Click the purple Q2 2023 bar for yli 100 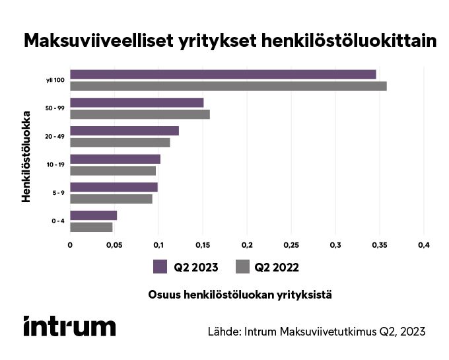(223, 75)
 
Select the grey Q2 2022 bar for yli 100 (228, 86)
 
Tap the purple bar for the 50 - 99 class (137, 102)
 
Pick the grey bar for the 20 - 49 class (120, 142)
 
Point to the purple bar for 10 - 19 (115, 159)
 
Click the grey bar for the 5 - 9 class (111, 199)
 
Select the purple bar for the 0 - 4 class (93, 215)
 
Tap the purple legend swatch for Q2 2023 (160, 267)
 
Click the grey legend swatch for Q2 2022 (242, 267)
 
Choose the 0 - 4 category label (57, 221)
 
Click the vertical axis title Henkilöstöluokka (28, 159)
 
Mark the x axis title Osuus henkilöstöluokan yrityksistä (240, 295)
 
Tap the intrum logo (69, 326)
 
